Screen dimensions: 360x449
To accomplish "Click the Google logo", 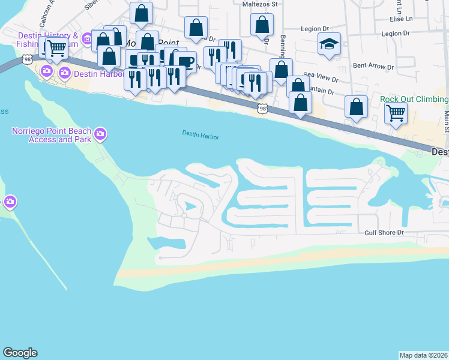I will pyautogui.click(x=20, y=353).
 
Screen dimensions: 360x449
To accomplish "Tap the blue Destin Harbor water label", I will pyautogui.click(x=200, y=136).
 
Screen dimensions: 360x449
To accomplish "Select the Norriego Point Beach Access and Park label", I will pyautogui.click(x=52, y=136).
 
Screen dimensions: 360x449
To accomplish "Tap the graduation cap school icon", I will pyautogui.click(x=328, y=44).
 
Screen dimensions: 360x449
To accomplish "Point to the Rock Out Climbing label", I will pyautogui.click(x=414, y=99).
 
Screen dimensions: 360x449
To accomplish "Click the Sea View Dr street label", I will pyautogui.click(x=321, y=77).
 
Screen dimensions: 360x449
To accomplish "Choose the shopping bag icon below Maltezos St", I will pyautogui.click(x=262, y=25).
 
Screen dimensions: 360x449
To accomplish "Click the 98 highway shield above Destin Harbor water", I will pyautogui.click(x=262, y=108).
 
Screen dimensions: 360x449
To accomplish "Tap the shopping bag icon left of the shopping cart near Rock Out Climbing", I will pyautogui.click(x=356, y=107).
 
